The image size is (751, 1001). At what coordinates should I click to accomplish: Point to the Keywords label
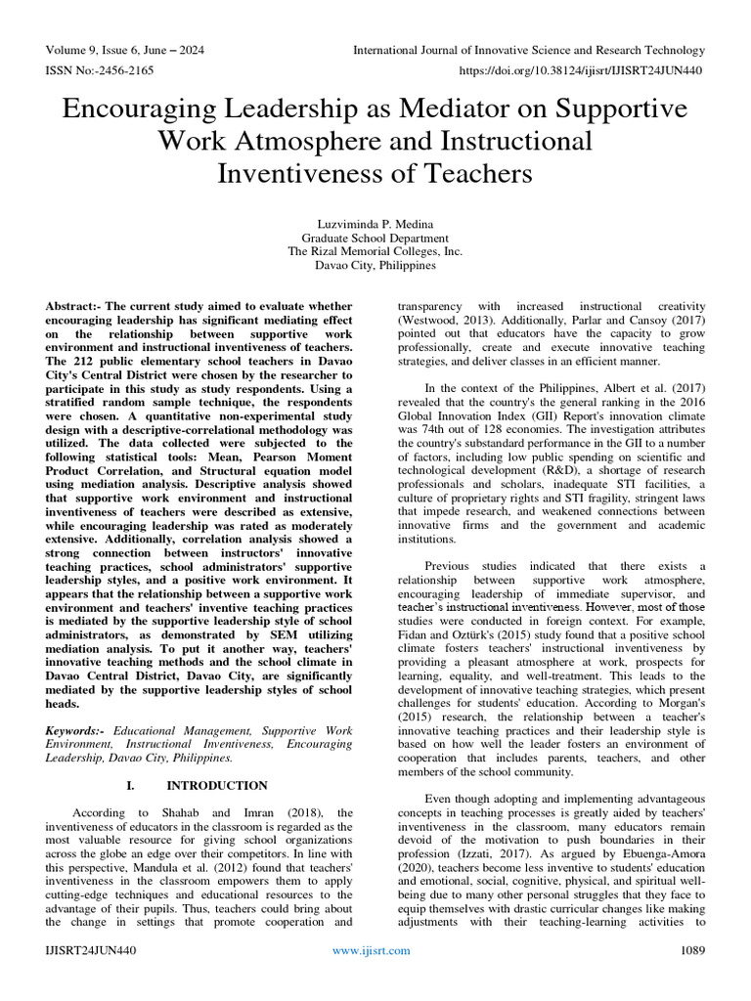click(x=76, y=730)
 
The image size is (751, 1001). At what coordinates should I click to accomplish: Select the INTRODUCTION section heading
click(x=216, y=785)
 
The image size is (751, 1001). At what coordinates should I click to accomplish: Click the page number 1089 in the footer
click(x=689, y=977)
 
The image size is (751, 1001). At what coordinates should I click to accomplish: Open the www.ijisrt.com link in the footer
click(x=375, y=977)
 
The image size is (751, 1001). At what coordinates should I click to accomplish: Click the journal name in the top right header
click(x=528, y=50)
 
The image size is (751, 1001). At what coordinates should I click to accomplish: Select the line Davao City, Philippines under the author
click(x=375, y=264)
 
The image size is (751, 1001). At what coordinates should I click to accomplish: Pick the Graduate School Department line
click(x=375, y=238)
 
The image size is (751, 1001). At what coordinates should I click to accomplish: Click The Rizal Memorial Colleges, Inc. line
click(x=375, y=250)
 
